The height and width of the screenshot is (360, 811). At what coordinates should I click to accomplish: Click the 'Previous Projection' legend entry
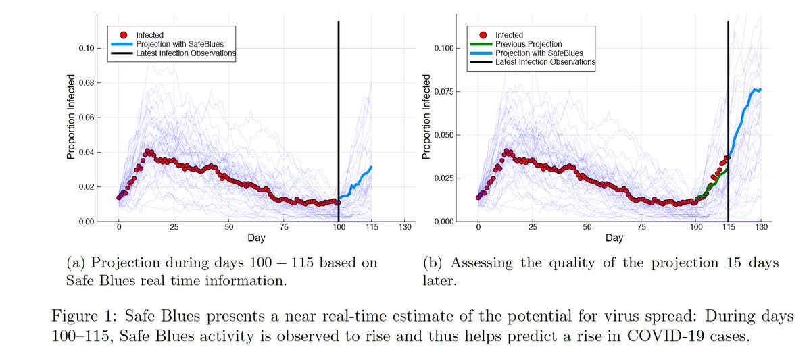tap(526, 44)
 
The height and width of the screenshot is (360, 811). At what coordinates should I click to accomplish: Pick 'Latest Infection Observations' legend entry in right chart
tap(545, 61)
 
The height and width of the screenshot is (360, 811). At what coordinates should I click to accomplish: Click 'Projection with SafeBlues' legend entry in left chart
tap(175, 44)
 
